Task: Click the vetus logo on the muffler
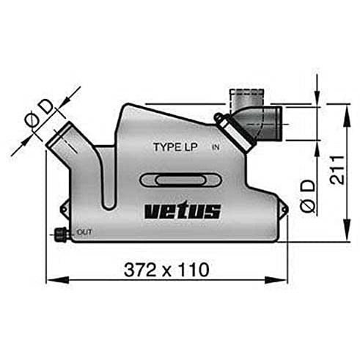(183, 210)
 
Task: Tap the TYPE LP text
(175, 147)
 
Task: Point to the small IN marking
(216, 147)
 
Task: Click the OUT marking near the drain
(84, 232)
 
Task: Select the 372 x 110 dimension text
(166, 270)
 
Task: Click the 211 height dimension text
(337, 169)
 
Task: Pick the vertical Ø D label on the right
(308, 196)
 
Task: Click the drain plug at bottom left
(60, 235)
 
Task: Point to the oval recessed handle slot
(180, 180)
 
